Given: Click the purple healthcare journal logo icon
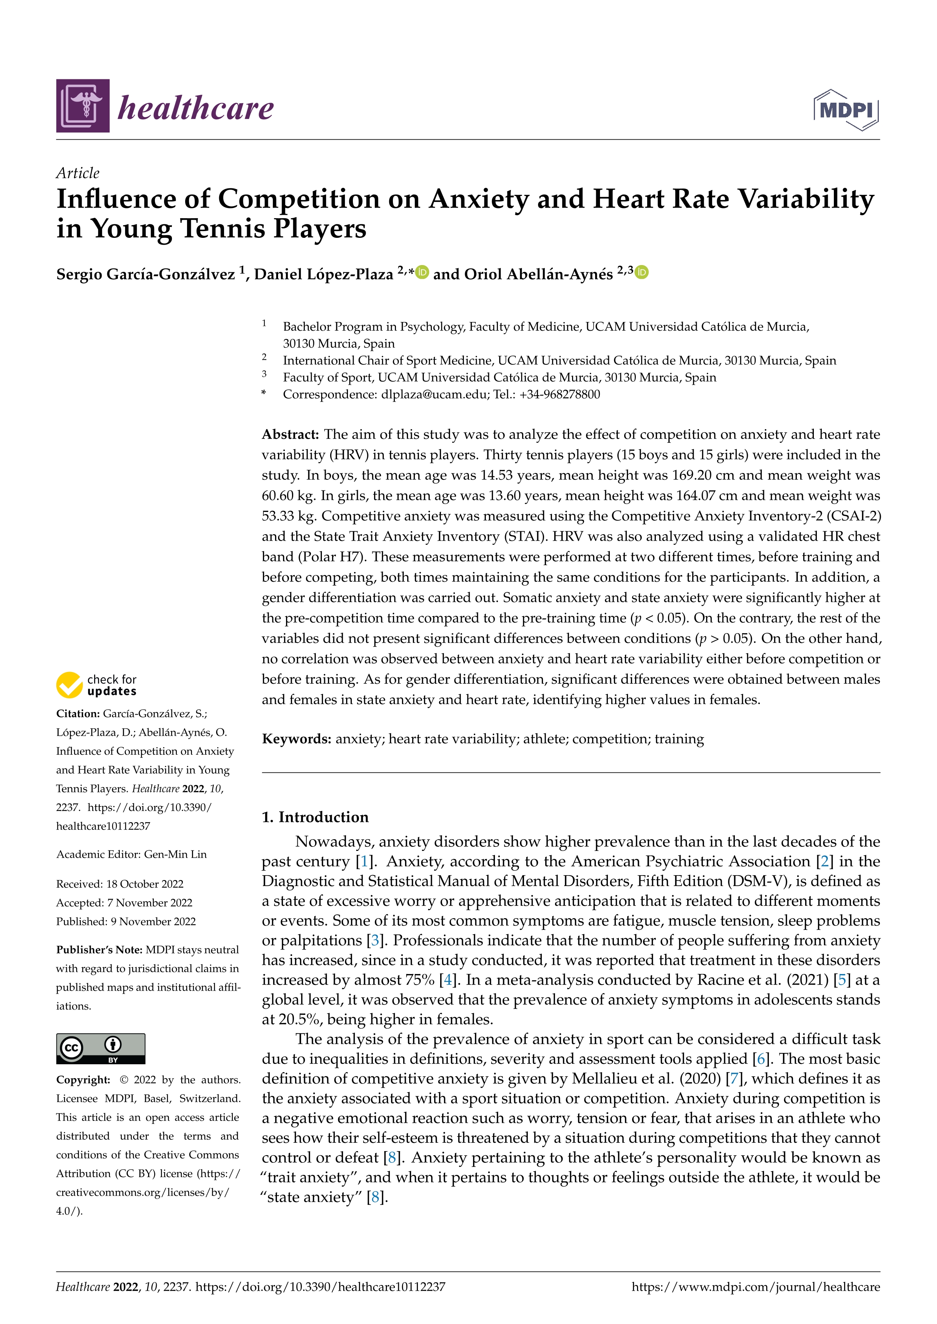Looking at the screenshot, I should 82,106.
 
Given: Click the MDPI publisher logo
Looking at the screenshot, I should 846,109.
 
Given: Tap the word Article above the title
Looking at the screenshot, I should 77,173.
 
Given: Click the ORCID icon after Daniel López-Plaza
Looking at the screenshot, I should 422,272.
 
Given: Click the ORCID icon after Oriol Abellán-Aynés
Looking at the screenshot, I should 642,272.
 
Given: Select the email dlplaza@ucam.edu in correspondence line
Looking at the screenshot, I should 434,395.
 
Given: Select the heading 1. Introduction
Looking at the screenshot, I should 315,817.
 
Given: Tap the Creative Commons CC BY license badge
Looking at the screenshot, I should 101,1048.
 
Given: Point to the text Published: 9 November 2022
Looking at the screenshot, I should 126,922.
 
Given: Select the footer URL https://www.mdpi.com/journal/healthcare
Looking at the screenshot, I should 755,1287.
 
